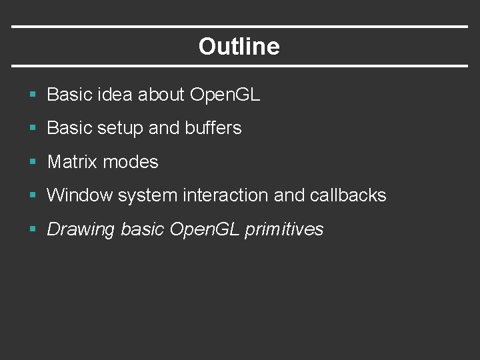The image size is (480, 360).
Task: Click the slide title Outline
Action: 239,47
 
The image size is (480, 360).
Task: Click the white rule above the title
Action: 240,27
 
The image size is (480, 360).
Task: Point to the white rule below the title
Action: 240,65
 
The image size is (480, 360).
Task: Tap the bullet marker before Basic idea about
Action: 33,95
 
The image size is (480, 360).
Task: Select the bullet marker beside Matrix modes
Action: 33,162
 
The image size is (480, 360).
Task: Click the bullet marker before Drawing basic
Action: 33,230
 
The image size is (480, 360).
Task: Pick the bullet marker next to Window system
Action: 33,196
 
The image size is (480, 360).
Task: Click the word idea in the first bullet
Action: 115,95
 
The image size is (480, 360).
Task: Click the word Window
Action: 79,195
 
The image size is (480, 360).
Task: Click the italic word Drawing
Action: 81,230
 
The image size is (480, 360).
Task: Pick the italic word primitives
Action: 284,230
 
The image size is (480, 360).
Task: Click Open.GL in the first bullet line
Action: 225,95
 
